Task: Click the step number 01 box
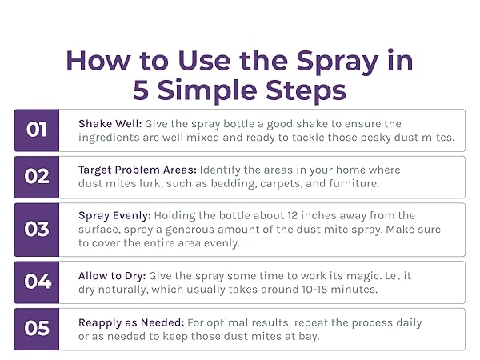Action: click(37, 130)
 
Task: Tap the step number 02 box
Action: click(37, 178)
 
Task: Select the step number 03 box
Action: click(37, 230)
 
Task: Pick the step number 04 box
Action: click(37, 282)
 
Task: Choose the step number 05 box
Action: click(37, 329)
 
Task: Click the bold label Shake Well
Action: click(110, 124)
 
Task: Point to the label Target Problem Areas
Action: click(138, 170)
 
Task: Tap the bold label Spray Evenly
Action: click(114, 216)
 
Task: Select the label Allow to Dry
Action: click(112, 276)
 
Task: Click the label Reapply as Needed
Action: click(131, 323)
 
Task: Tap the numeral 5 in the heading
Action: click(141, 90)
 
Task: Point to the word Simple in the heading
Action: click(207, 90)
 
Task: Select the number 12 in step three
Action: click(293, 215)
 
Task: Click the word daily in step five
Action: click(409, 323)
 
